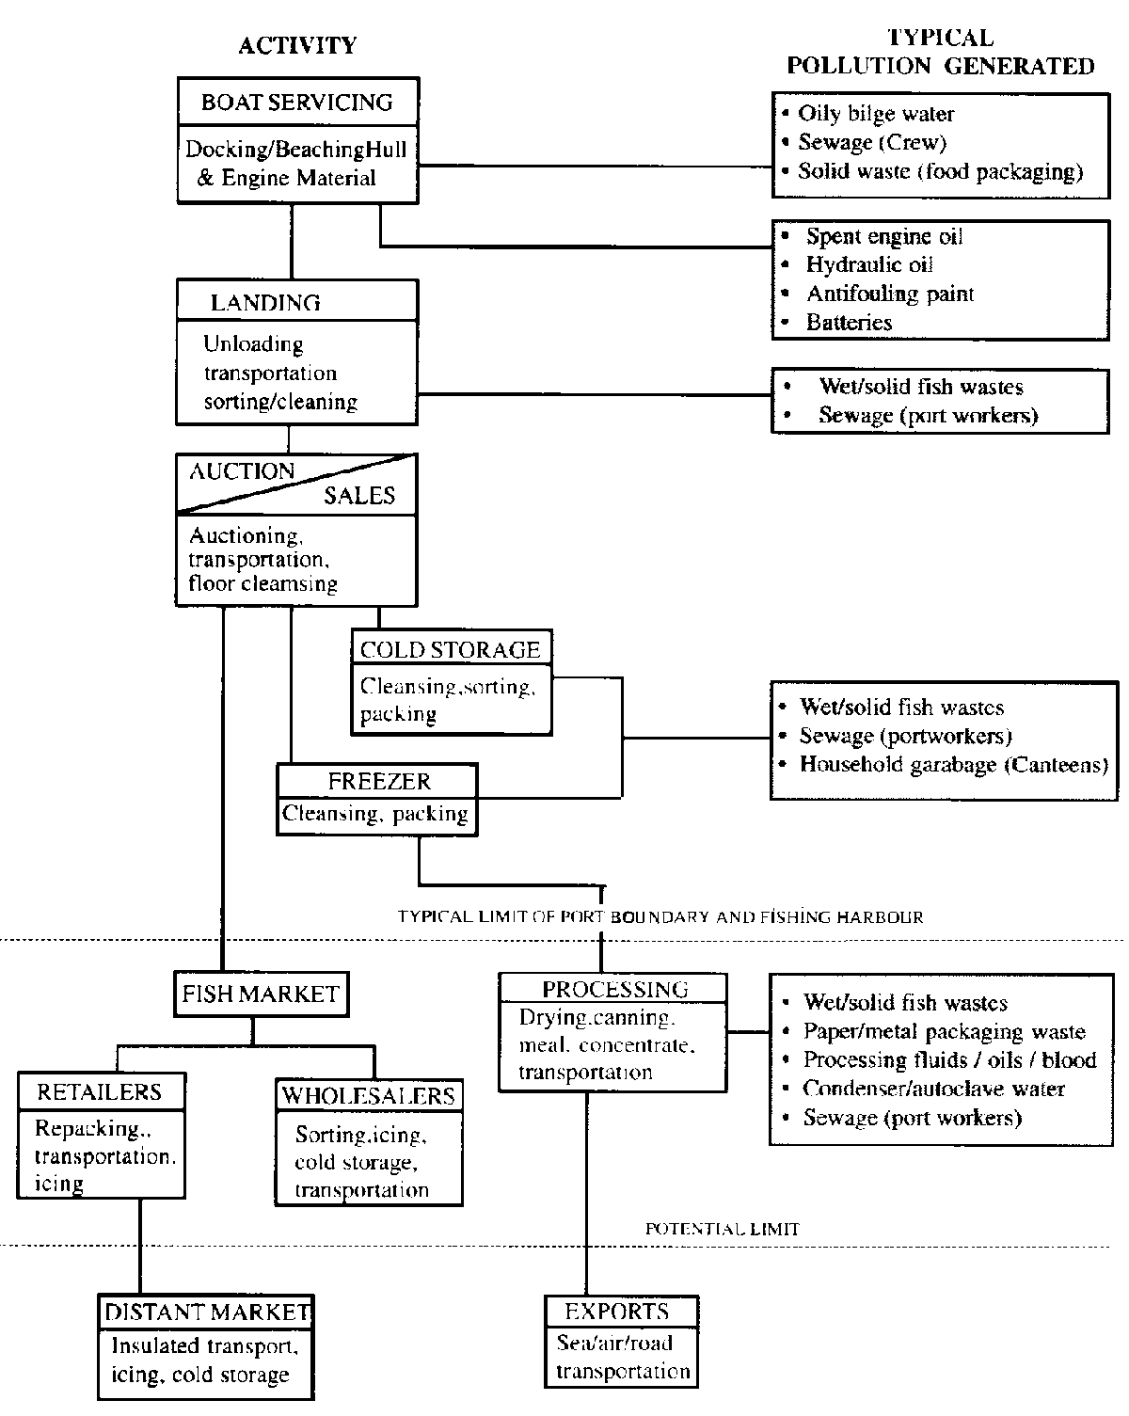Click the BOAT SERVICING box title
(x=297, y=102)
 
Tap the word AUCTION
(x=242, y=471)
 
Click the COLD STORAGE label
(x=450, y=649)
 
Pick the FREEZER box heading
(x=379, y=781)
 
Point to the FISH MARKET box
(x=261, y=994)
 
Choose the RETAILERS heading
(x=99, y=1092)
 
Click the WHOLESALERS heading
(x=368, y=1095)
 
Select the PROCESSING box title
(x=614, y=989)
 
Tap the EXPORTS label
(x=616, y=1312)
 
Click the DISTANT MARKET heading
(x=207, y=1312)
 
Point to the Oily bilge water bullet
(x=876, y=114)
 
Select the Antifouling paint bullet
(x=889, y=294)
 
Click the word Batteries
(x=849, y=323)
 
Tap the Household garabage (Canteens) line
(x=953, y=764)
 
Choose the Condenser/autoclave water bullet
(x=933, y=1089)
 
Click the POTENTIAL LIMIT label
(x=722, y=1229)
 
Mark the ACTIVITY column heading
(x=297, y=45)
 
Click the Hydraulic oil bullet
(x=869, y=265)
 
